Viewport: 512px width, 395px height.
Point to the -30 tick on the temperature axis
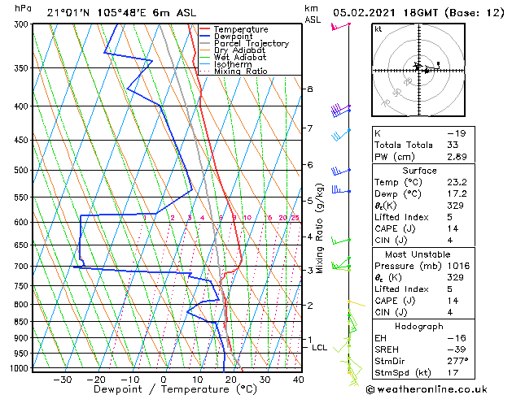pos(63,379)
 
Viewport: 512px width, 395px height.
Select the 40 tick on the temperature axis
pos(299,379)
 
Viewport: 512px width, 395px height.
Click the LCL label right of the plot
pos(319,348)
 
